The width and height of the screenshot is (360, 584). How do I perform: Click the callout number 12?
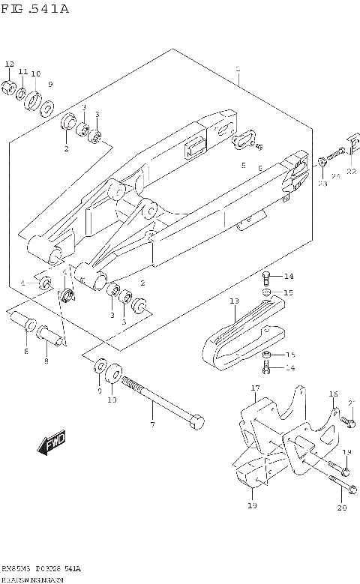[x=10, y=64]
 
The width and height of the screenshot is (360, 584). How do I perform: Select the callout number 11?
[x=23, y=71]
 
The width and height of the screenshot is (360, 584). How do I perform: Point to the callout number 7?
[x=152, y=426]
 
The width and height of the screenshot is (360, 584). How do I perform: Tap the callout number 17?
[x=254, y=388]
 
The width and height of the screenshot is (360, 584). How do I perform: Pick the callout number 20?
[x=342, y=508]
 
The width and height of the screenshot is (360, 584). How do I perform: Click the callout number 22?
[x=351, y=172]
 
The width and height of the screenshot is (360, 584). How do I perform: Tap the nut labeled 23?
[x=322, y=160]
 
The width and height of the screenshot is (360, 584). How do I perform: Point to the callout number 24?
[x=336, y=176]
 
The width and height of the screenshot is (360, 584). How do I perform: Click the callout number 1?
[x=237, y=68]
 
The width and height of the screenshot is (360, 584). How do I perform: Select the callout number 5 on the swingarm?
[x=243, y=166]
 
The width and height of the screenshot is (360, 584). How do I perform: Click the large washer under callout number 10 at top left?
[x=33, y=100]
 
